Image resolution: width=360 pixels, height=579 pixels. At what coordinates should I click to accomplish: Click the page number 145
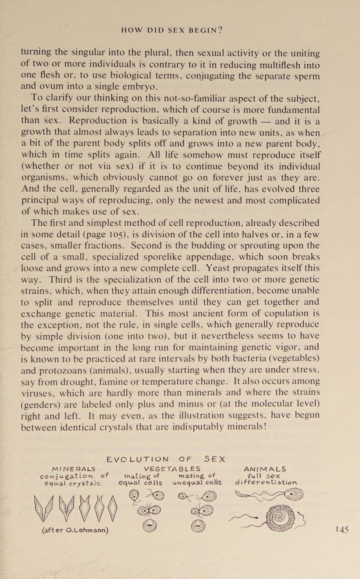(x=342, y=530)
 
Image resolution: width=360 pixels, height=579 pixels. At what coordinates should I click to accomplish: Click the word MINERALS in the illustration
(x=74, y=469)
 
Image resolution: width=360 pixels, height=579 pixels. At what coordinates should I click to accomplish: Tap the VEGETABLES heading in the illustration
(x=172, y=469)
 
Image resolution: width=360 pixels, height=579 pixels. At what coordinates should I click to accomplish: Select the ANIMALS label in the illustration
(x=265, y=469)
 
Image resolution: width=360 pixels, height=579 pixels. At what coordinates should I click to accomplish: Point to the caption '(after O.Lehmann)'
(x=75, y=530)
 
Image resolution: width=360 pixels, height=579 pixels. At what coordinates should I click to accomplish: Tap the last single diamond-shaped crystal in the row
(x=112, y=508)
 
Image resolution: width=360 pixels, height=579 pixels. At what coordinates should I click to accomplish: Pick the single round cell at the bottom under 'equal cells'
(x=150, y=526)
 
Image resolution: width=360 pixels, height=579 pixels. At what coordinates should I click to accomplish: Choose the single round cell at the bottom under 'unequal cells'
(x=198, y=526)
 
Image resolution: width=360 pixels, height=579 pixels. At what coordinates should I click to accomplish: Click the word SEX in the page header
(x=176, y=30)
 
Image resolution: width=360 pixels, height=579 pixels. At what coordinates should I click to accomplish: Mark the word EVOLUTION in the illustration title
(x=138, y=459)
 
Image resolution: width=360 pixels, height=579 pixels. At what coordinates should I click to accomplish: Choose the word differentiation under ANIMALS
(x=266, y=483)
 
